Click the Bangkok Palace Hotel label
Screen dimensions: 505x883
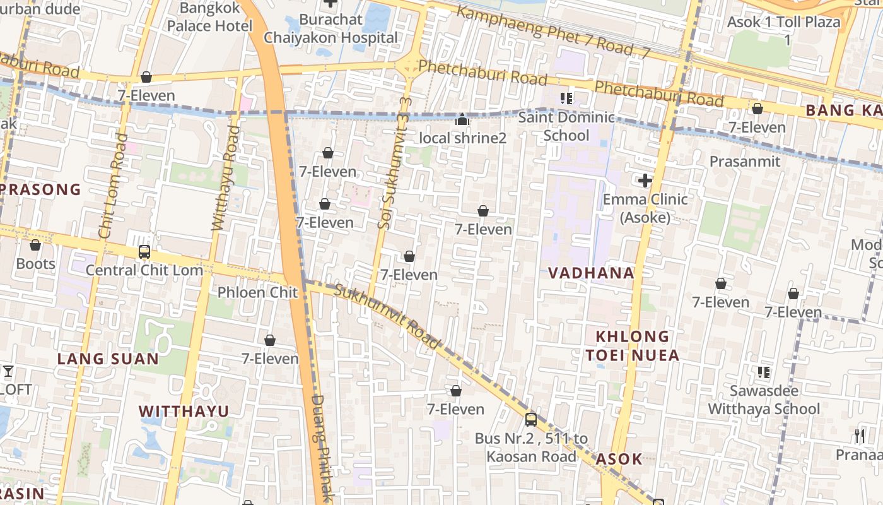point(209,17)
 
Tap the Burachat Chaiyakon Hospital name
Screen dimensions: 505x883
point(330,28)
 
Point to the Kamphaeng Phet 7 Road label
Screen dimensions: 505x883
point(553,32)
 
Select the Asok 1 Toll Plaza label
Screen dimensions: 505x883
point(783,30)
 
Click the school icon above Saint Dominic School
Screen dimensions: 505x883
point(566,98)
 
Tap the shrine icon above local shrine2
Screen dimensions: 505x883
point(462,119)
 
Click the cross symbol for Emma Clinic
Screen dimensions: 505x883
point(645,181)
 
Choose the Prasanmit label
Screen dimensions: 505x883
point(745,162)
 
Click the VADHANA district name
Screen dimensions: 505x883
point(591,273)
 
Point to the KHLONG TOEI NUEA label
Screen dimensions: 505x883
point(632,345)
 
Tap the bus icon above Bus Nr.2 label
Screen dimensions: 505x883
point(531,419)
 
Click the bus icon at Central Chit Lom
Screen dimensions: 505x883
point(144,252)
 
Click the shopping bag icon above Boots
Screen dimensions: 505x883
point(35,245)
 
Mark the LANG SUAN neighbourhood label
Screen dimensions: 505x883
point(108,359)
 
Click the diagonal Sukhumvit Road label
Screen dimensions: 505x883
point(386,316)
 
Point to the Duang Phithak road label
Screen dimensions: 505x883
point(322,448)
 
